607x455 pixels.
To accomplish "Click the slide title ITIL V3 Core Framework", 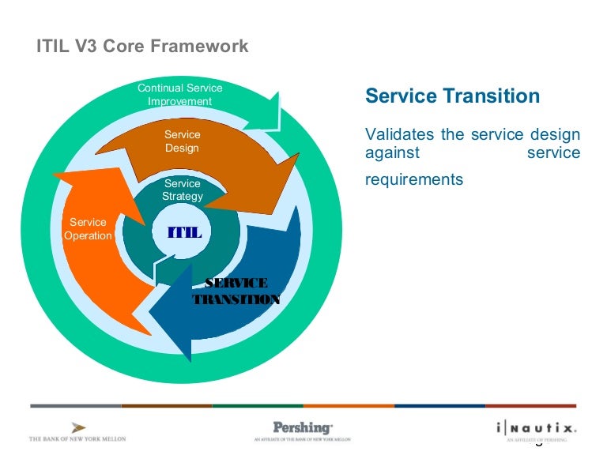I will (143, 47).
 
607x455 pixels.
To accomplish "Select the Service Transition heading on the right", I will (452, 96).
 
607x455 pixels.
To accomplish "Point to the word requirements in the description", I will (413, 180).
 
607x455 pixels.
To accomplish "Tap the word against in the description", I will (392, 152).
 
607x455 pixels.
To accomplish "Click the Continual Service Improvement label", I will (180, 95).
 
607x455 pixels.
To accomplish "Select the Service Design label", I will (182, 141).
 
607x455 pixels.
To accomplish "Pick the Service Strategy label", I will (183, 190).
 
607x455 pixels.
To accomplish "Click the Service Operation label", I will (88, 229).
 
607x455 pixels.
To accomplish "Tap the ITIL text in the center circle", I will (185, 233).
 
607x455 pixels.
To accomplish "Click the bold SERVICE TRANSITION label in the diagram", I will (236, 291).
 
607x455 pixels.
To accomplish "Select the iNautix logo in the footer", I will (537, 427).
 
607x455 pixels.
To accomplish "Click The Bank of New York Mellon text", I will (77, 438).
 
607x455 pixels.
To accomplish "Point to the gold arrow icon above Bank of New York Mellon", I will (78, 427).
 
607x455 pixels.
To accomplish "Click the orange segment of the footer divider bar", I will (348, 406).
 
